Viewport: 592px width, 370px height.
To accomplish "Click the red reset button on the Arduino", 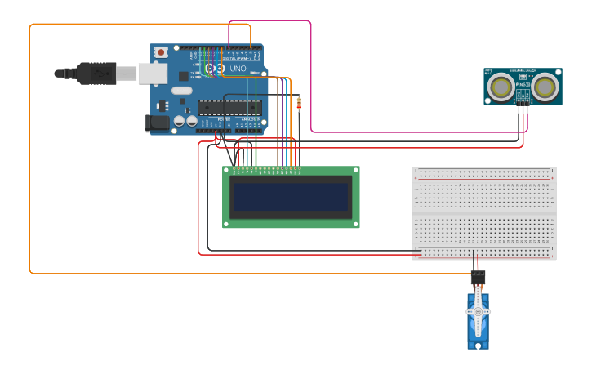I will click(x=161, y=52).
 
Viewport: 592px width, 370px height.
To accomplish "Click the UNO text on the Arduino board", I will click(x=237, y=69).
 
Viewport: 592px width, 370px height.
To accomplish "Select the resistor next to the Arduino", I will click(x=299, y=103).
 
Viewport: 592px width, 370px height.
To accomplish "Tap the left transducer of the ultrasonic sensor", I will click(x=500, y=86).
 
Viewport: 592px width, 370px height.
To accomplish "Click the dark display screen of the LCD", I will click(x=291, y=197).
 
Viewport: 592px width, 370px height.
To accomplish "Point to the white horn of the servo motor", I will click(x=478, y=312).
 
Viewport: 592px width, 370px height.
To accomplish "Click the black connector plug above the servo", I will click(x=478, y=278).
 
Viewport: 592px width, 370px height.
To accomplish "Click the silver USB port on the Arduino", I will click(x=152, y=74).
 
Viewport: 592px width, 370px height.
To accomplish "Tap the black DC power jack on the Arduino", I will click(x=157, y=123).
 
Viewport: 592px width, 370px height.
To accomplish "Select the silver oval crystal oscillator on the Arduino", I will click(x=181, y=91).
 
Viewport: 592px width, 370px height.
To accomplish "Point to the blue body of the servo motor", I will click(x=478, y=331).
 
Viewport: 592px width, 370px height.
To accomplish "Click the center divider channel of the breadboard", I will click(x=483, y=212).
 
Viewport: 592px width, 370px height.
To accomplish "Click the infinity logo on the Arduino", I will click(x=214, y=69).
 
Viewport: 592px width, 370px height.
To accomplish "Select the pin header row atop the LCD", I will click(x=267, y=170).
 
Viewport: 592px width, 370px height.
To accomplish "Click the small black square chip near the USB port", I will click(x=184, y=75).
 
